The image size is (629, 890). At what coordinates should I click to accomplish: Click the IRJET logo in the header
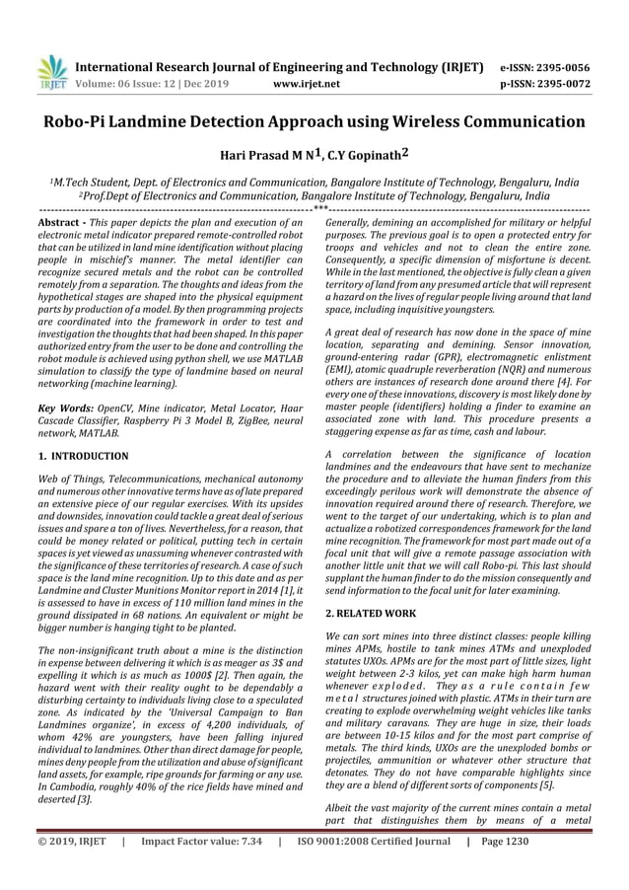(x=50, y=71)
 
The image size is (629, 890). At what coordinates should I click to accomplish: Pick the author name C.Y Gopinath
(x=358, y=155)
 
